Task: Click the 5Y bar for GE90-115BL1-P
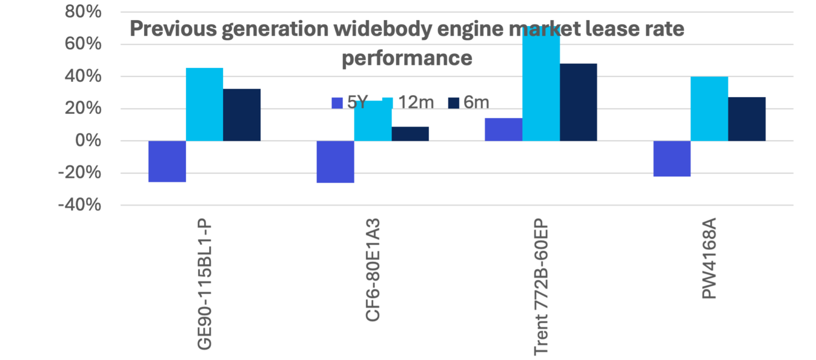[167, 162]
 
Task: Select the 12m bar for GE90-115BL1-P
[205, 104]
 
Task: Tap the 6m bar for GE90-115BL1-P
[242, 115]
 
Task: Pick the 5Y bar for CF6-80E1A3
[335, 162]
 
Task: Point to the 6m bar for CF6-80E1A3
[411, 134]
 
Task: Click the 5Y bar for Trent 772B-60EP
[504, 130]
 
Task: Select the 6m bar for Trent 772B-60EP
[579, 102]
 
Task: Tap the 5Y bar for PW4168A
[672, 159]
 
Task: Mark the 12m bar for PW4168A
[709, 109]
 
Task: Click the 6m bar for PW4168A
[747, 119]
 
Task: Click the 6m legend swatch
[453, 102]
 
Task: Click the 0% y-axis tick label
[89, 141]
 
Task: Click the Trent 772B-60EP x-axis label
[542, 286]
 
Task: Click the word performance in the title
[407, 58]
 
